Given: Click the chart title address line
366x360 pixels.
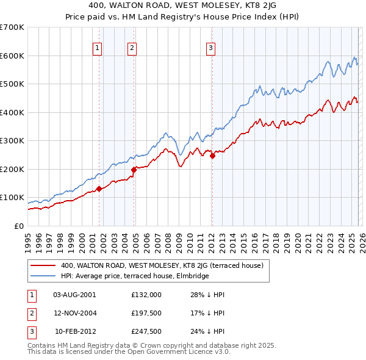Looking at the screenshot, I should pyautogui.click(x=182, y=5).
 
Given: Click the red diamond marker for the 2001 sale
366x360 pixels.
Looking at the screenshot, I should pyautogui.click(x=99, y=189).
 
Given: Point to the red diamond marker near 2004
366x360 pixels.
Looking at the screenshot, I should pyautogui.click(x=134, y=170).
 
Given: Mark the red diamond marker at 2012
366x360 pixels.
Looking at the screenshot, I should pyautogui.click(x=212, y=156).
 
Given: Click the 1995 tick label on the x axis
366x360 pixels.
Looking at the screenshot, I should pyautogui.click(x=28, y=243).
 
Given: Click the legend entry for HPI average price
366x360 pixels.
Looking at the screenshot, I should pyautogui.click(x=135, y=276).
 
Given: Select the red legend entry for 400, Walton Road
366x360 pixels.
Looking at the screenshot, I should pyautogui.click(x=162, y=265).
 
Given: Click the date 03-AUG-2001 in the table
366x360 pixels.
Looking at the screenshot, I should pyautogui.click(x=75, y=294).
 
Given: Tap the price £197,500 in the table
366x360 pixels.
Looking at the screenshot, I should pyautogui.click(x=146, y=313).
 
